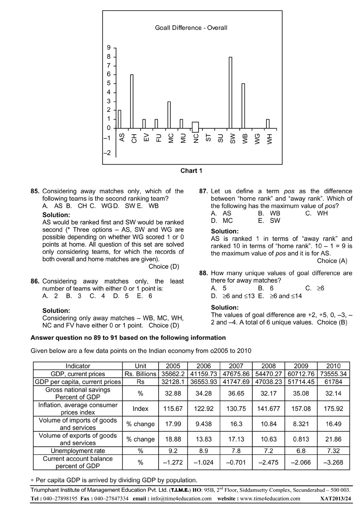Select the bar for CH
(x=132, y=101)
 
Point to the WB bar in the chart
(x=243, y=106)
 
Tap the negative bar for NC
(x=195, y=127)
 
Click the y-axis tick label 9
(x=109, y=47)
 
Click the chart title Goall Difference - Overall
(x=191, y=28)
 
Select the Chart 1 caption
(x=191, y=171)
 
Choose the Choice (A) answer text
(x=332, y=261)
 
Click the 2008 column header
(x=269, y=366)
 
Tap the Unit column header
(x=141, y=366)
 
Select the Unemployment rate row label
(x=78, y=451)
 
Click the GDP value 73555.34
(x=333, y=374)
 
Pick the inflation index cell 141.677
(x=269, y=409)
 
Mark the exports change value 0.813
(x=301, y=439)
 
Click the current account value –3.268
(x=333, y=462)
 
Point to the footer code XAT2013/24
(x=335, y=499)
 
